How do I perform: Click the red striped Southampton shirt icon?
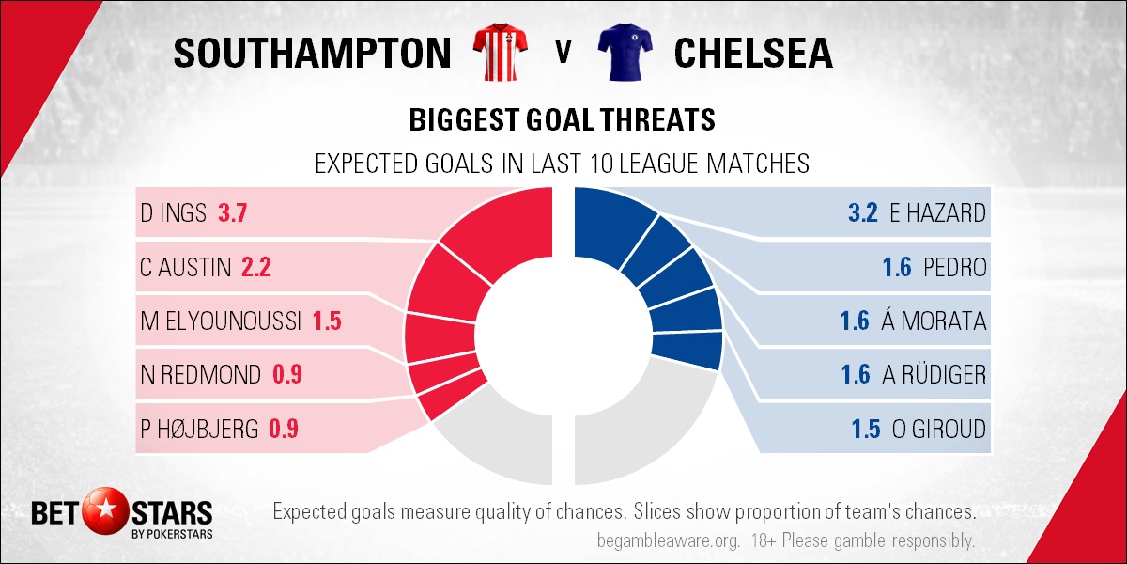point(500,52)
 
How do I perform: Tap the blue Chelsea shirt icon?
point(625,52)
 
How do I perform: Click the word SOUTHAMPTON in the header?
point(313,53)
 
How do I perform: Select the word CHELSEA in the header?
point(753,53)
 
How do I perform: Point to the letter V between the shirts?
point(563,53)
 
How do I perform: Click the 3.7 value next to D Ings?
point(233,213)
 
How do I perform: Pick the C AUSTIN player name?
point(186,267)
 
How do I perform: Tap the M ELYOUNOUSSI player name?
point(221,321)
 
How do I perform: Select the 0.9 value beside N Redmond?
point(287,375)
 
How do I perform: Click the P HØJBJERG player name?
point(199,429)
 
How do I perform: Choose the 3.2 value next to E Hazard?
point(863,213)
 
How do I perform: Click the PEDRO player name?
point(955,267)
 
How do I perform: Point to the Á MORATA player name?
point(934,321)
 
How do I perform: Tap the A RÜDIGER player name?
point(934,374)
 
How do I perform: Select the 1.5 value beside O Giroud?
point(866,429)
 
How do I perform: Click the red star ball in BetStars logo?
point(105,510)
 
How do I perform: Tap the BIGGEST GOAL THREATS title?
point(562,120)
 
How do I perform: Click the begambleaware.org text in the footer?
point(668,540)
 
